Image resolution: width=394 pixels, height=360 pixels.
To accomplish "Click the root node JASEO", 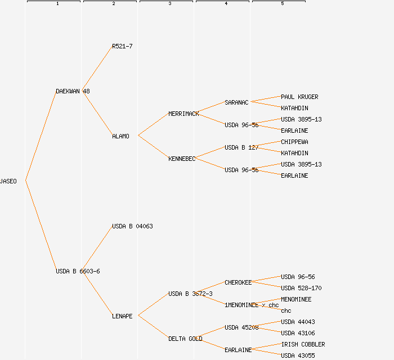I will pyautogui.click(x=8, y=181).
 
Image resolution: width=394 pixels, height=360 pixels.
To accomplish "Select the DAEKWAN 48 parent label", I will pyautogui.click(x=73, y=91).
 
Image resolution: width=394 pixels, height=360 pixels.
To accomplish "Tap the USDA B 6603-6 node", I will pyautogui.click(x=78, y=271).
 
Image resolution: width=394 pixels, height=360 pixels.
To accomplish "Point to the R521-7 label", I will pyautogui.click(x=122, y=46).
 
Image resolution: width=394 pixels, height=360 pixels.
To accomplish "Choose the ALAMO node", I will pyautogui.click(x=120, y=136).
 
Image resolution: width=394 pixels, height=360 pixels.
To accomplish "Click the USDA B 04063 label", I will pyautogui.click(x=132, y=226).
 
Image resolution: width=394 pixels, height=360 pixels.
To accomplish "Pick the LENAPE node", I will pyautogui.click(x=122, y=316).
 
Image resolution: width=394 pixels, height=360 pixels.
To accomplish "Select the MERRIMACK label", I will pyautogui.click(x=183, y=114).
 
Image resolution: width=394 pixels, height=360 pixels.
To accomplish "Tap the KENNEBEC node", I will pyautogui.click(x=182, y=159).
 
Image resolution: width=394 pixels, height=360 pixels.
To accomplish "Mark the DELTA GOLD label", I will pyautogui.click(x=185, y=339).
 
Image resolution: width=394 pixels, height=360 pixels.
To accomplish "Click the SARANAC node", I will pyautogui.click(x=236, y=102).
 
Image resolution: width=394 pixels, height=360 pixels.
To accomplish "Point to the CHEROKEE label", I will pyautogui.click(x=238, y=282).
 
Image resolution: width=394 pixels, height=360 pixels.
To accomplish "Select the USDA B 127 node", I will pyautogui.click(x=241, y=147).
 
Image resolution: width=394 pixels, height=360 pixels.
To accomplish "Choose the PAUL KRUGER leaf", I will pyautogui.click(x=299, y=97).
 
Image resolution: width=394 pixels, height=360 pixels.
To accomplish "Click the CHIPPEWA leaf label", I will pyautogui.click(x=294, y=142).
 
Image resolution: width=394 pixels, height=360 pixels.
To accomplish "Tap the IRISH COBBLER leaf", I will pyautogui.click(x=303, y=344).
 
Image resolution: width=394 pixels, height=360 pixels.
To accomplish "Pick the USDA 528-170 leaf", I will pyautogui.click(x=301, y=288).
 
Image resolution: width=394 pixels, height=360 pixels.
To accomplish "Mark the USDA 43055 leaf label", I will pyautogui.click(x=298, y=355).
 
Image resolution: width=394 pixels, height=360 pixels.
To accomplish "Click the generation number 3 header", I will pyautogui.click(x=169, y=4).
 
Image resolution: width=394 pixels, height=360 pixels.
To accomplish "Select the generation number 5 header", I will pyautogui.click(x=282, y=4).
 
